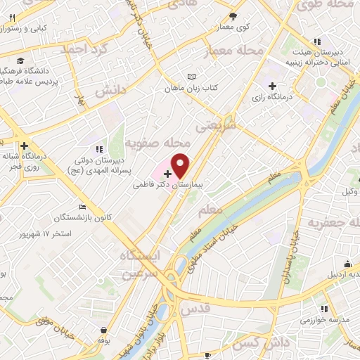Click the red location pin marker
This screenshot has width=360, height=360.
click(x=181, y=165)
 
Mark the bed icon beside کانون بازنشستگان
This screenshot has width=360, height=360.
click(x=82, y=207)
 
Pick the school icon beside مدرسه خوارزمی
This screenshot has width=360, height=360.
click(x=324, y=308)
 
